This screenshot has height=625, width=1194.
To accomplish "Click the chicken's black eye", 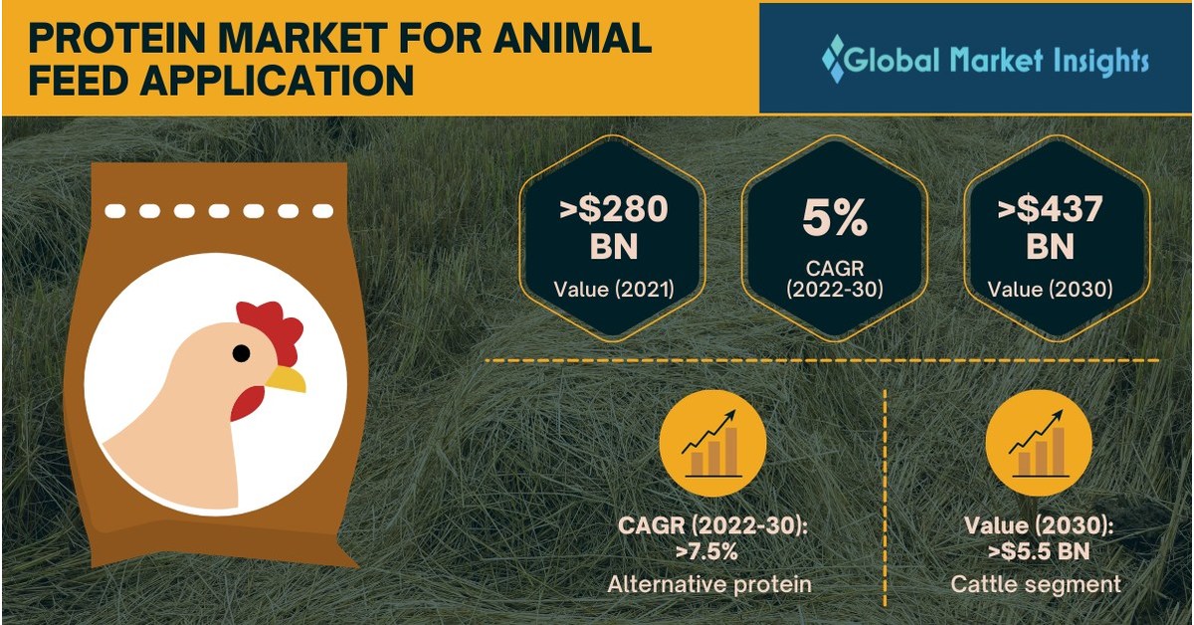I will pos(242,353).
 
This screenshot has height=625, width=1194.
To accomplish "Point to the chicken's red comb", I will pos(271,328).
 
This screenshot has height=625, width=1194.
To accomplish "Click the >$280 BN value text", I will pos(613,228).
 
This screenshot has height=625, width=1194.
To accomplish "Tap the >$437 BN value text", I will pos(1051,228).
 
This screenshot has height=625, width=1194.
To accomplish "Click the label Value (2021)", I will pos(613,290).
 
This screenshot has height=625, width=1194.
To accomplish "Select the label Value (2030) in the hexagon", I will pos(1051,290).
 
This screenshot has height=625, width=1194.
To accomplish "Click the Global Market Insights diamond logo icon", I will pos(833,59).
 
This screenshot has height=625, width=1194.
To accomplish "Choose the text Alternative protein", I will pos(709,584).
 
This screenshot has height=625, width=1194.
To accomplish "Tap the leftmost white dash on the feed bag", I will pos(117,211).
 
